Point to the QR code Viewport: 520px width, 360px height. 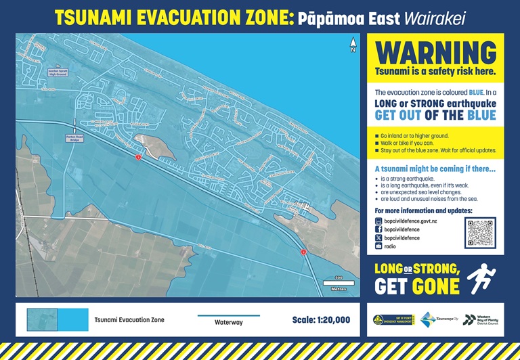[480, 233]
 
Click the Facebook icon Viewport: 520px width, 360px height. [379, 229]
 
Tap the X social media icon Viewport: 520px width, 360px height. [379, 238]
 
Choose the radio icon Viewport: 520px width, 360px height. [379, 247]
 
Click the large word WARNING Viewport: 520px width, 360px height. [435, 53]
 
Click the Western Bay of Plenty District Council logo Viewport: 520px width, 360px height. [480, 319]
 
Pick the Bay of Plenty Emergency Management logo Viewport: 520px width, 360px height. [391, 319]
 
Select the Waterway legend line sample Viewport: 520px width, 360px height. [228, 315]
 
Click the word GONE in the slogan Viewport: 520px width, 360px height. [435, 286]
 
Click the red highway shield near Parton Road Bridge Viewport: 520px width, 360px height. [137, 157]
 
